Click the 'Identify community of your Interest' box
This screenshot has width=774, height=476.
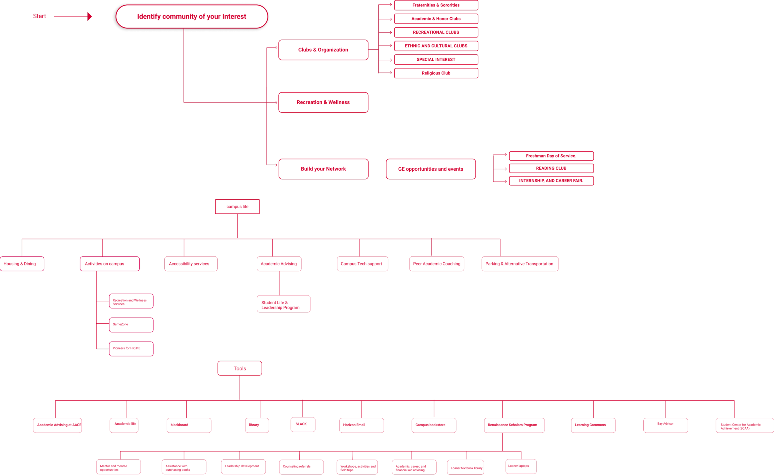[192, 16]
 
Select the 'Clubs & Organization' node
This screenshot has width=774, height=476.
[323, 50]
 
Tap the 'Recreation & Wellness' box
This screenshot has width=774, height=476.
[323, 102]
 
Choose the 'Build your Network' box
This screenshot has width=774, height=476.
[323, 169]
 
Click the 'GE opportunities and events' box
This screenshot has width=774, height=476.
[430, 169]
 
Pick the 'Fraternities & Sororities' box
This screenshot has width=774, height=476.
[436, 5]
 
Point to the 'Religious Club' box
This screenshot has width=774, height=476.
[436, 73]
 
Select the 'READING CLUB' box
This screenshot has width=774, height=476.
[551, 168]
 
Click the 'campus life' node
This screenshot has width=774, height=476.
[237, 207]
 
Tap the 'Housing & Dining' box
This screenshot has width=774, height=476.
[22, 264]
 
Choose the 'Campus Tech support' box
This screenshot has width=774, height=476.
[362, 264]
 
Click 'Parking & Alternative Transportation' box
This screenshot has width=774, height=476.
[520, 264]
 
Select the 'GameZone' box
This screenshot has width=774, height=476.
[131, 325]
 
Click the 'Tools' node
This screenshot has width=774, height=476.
[239, 368]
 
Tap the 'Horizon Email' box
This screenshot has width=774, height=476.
[361, 425]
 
